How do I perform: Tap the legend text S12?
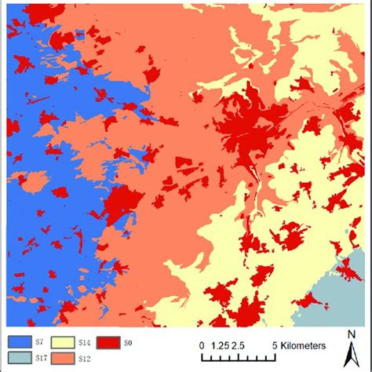tap(86, 358)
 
